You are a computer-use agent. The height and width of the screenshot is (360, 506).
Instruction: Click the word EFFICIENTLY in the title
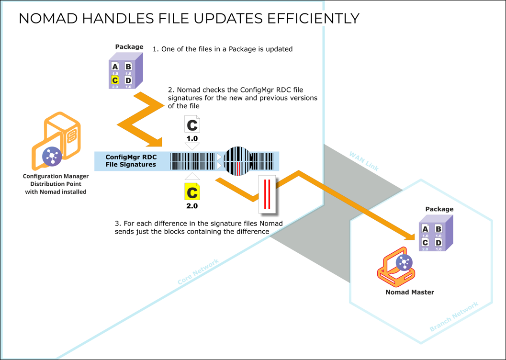pos(311,18)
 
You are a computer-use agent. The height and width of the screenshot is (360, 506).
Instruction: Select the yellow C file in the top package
pos(115,80)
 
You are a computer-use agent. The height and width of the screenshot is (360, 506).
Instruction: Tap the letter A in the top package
pos(115,67)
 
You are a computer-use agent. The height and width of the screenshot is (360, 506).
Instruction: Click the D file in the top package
pos(128,80)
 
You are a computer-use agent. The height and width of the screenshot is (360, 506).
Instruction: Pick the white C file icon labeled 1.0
pos(192,125)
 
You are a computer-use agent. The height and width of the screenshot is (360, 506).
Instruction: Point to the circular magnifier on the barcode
pos(236,161)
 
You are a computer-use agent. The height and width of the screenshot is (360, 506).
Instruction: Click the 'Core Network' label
pos(198,272)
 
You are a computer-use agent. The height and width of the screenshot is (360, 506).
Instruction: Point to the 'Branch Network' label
pos(454,317)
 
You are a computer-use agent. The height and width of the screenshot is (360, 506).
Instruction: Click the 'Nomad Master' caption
pos(409,292)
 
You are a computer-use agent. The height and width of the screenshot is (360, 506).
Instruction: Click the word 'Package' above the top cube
pos(129,47)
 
